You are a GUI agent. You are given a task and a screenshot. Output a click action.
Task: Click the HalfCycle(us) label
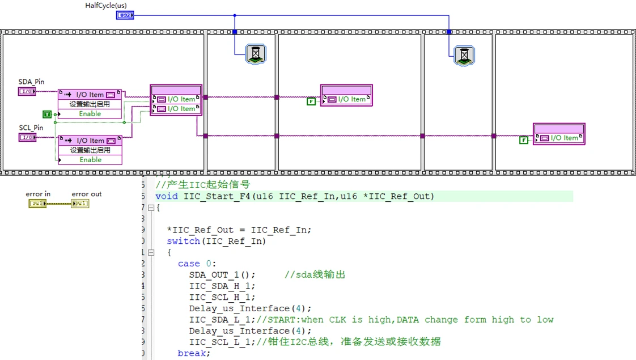click(105, 6)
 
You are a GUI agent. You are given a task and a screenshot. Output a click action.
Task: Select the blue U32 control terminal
click(125, 15)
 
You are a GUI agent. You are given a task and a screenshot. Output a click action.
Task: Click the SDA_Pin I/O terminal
click(27, 91)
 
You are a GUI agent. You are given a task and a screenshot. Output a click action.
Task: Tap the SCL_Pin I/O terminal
click(27, 137)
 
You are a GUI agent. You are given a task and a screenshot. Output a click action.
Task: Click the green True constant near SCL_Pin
click(47, 115)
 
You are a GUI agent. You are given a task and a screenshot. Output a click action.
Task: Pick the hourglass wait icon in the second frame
click(256, 54)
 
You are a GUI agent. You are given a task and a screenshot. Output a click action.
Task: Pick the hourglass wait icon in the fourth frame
click(464, 56)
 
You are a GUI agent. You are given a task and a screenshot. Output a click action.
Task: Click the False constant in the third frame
click(311, 101)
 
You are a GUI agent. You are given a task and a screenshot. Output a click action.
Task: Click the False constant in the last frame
click(524, 140)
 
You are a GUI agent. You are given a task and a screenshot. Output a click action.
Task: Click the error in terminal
click(37, 203)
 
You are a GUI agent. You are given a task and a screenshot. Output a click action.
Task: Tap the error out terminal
click(80, 203)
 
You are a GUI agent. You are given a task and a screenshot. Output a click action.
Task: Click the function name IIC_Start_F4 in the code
click(215, 196)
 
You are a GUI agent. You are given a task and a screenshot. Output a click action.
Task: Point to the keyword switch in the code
click(183, 241)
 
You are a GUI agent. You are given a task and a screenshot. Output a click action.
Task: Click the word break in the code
click(193, 353)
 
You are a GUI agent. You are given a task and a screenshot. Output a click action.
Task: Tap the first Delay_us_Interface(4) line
click(250, 308)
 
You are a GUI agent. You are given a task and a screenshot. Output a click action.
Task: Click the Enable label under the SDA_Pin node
click(90, 114)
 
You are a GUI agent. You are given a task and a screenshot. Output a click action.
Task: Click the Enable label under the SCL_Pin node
click(90, 160)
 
